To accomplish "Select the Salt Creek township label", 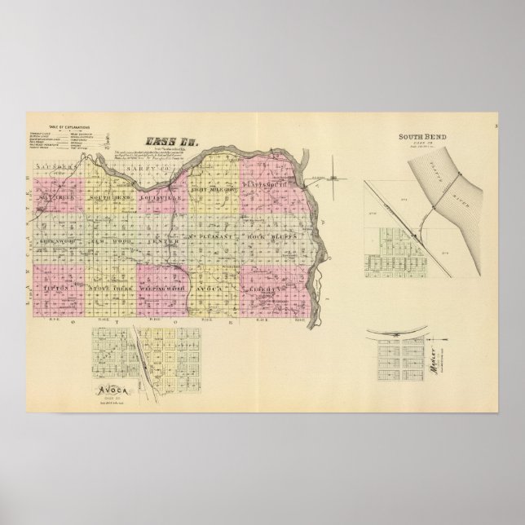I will tap(58, 198).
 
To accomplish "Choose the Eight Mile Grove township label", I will tap(214, 190).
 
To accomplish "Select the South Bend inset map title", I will tap(418, 136).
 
